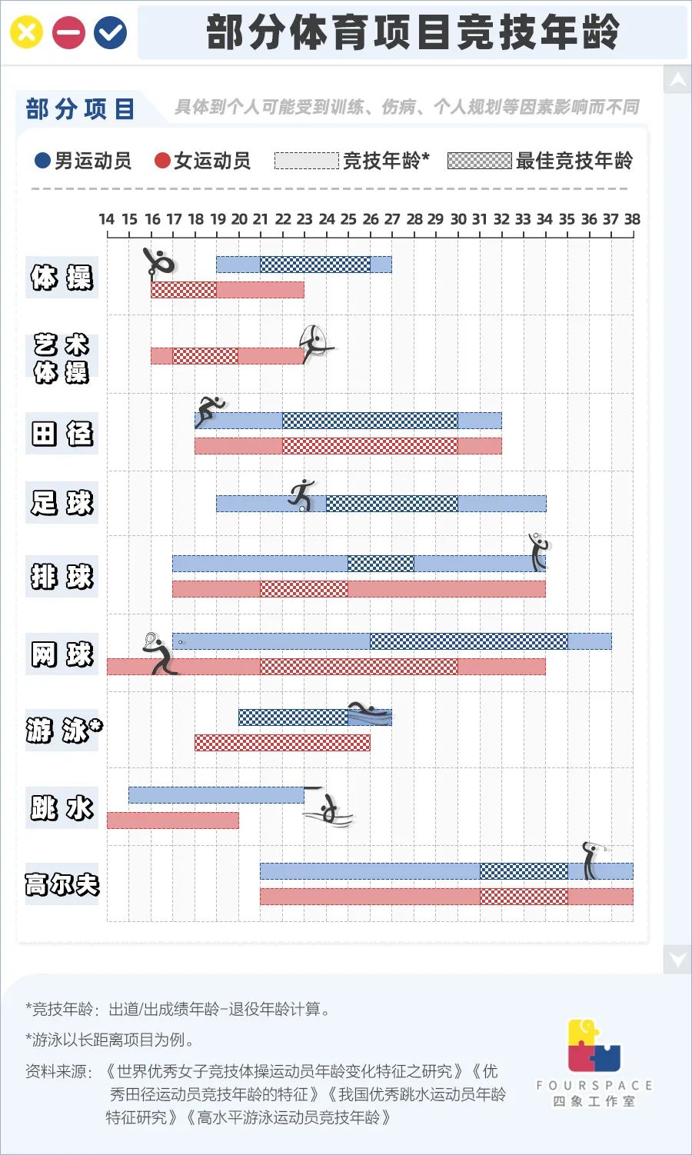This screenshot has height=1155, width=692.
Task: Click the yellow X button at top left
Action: [26, 32]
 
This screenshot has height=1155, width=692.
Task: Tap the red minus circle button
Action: [68, 32]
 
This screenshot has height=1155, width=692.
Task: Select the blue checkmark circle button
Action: [111, 32]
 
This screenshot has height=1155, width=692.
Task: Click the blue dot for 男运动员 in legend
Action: [43, 160]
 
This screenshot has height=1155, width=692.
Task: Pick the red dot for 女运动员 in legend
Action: [162, 160]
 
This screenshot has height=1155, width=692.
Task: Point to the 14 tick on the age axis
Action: [107, 219]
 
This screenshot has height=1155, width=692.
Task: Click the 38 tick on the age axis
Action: [632, 219]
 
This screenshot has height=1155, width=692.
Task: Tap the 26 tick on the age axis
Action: [370, 219]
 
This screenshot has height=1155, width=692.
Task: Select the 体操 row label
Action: [62, 277]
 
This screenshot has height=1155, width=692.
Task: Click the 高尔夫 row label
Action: [62, 884]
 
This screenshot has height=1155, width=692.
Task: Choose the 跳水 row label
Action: [62, 808]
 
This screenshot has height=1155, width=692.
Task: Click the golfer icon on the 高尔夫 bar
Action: [591, 860]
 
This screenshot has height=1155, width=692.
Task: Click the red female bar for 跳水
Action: [173, 820]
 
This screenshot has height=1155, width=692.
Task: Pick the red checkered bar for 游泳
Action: [282, 742]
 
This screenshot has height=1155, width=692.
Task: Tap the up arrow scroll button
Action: [677, 79]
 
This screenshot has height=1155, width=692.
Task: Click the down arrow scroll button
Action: [677, 959]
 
